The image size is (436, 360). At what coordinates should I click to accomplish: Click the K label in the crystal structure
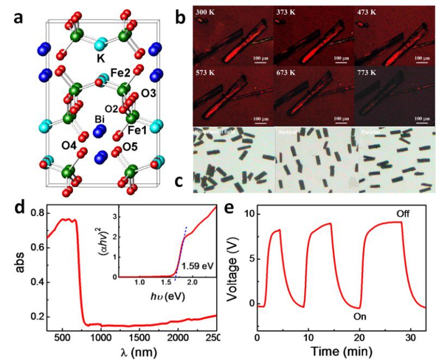(x=100, y=57)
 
